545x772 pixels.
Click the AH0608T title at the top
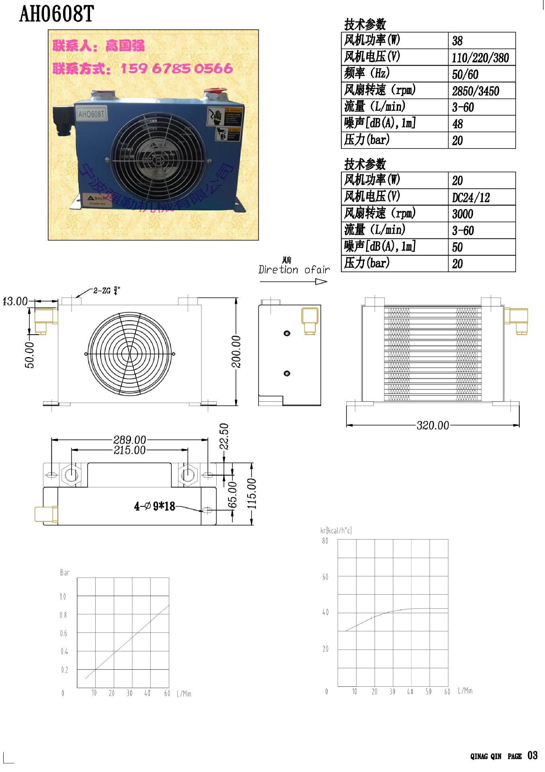pos(56,14)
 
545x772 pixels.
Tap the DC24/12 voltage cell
pos(471,198)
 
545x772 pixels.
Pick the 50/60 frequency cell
pos(465,75)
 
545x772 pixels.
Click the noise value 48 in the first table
pos(457,124)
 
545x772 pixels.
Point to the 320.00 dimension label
pos(432,425)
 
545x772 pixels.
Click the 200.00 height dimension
pos(236,352)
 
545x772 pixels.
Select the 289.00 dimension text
pos(129,440)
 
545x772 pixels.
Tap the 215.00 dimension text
pos(129,450)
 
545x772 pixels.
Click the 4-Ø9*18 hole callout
pos(155,506)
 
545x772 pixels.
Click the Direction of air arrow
pos(294,282)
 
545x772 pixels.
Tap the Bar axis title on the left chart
pos(65,573)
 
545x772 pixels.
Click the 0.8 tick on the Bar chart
pos(64,615)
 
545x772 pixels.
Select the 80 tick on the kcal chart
pos(325,541)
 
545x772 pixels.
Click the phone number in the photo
pos(176,68)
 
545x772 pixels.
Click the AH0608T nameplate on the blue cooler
pos(91,114)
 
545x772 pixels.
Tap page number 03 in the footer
pos(532,756)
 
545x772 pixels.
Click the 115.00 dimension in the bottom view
pos(252,494)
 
